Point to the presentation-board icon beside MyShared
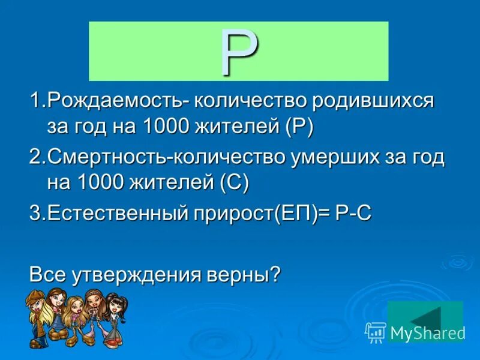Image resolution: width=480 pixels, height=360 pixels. pos(376,331)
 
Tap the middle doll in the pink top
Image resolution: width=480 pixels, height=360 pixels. pos(76,318)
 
